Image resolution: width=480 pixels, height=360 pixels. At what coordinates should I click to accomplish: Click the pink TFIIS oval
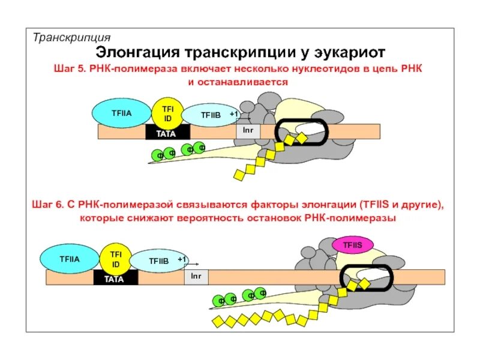tap(353, 244)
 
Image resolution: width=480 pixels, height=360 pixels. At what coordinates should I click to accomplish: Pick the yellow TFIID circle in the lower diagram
tap(115, 259)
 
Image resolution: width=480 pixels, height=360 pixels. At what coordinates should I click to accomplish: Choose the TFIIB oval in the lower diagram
tap(159, 261)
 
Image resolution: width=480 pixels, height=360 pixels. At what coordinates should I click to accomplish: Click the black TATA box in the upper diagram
tap(167, 133)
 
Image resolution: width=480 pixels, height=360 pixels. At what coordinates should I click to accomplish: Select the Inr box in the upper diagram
tap(248, 130)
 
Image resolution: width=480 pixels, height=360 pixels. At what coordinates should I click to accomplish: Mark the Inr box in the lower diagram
tap(196, 276)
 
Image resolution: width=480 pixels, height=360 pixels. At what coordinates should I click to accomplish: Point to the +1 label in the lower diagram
tap(182, 259)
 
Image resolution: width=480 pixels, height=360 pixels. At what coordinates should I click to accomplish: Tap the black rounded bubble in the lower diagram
tap(367, 277)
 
